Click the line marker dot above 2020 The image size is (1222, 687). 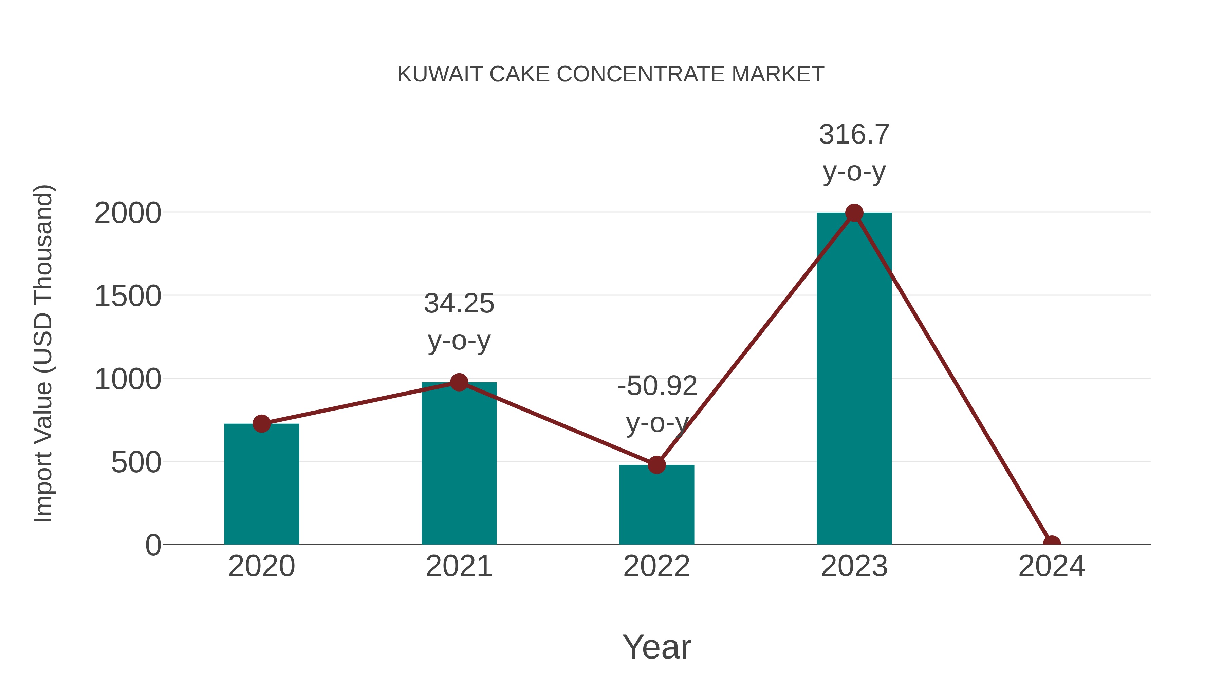(x=261, y=423)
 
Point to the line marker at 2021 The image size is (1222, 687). (x=459, y=382)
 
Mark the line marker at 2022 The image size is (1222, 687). (x=656, y=465)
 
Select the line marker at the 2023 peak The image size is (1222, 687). (x=854, y=213)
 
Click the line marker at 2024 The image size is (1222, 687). (x=1052, y=543)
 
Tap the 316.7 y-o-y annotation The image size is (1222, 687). (x=854, y=153)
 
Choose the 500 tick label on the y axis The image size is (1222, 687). (x=136, y=463)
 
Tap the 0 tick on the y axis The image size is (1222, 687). (x=153, y=545)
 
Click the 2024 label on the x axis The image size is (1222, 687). (x=1052, y=566)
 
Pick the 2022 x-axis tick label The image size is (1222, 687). (x=656, y=566)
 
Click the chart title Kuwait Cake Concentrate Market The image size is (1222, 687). (x=611, y=74)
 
